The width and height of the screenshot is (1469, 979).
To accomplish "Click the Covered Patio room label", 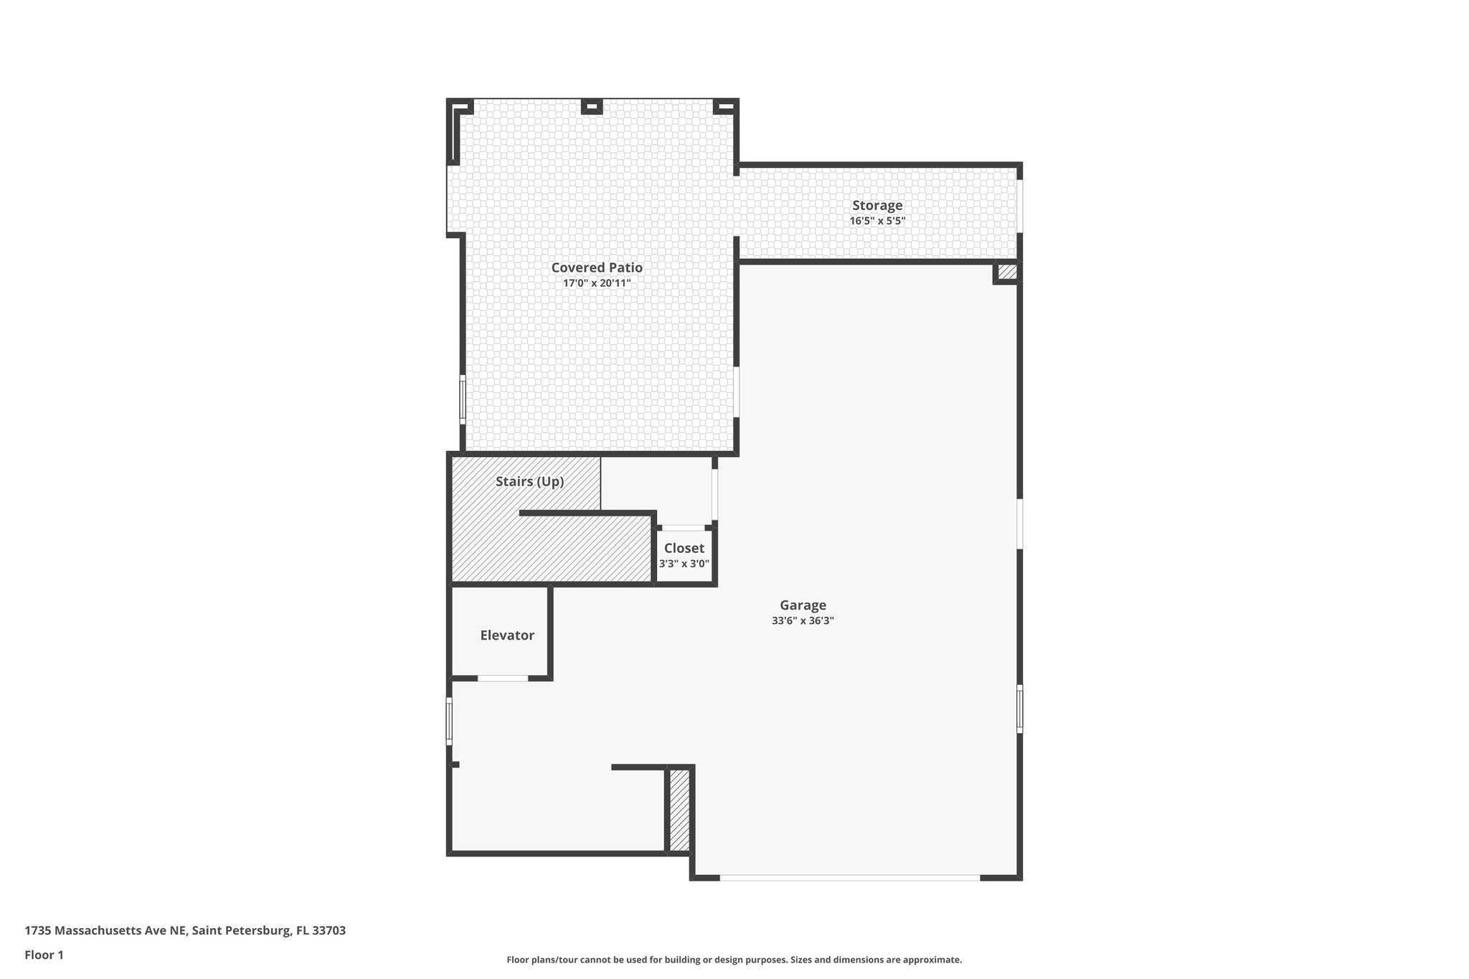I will click(x=597, y=268).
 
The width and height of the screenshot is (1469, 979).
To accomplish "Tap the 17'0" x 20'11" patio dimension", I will click(x=597, y=283).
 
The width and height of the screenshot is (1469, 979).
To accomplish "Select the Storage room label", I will click(x=877, y=206).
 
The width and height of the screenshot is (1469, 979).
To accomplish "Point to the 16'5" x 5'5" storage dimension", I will click(x=877, y=222).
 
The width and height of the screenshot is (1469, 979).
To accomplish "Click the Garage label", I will click(x=803, y=605).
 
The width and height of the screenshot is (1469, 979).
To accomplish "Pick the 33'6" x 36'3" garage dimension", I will click(x=803, y=621).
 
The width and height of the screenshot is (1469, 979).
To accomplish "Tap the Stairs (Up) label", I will click(x=529, y=482).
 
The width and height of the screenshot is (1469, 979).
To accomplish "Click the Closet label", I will click(x=684, y=549).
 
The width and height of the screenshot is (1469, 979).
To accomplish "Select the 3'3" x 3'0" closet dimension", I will click(x=684, y=564).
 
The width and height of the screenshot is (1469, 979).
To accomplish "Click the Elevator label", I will click(x=507, y=635).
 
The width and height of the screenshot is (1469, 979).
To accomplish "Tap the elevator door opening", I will click(x=503, y=678).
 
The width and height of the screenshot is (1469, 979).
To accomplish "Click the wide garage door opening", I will click(x=849, y=877).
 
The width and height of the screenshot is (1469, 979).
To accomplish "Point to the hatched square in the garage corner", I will click(x=1007, y=272).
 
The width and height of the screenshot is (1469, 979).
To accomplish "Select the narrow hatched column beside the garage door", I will click(x=679, y=810).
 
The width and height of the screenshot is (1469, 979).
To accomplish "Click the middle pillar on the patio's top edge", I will click(x=591, y=108).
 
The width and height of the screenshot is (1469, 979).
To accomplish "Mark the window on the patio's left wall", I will click(x=463, y=399).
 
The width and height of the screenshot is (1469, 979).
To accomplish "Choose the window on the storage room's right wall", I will click(x=1020, y=206).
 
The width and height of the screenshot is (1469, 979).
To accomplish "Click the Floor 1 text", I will click(x=44, y=955).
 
